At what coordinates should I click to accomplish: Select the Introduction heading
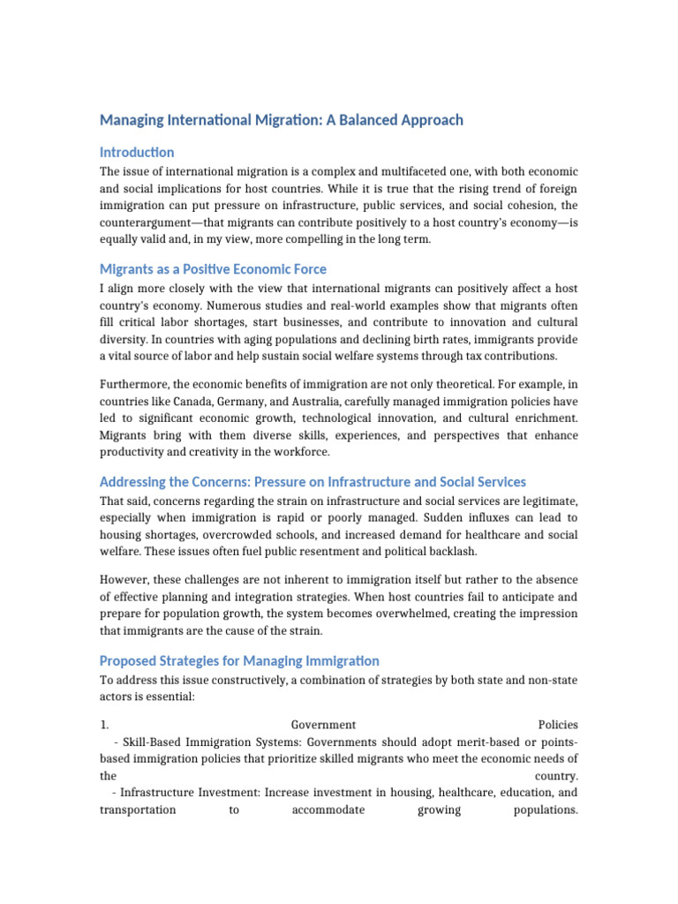(x=137, y=152)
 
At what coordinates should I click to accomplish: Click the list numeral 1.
(x=103, y=725)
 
